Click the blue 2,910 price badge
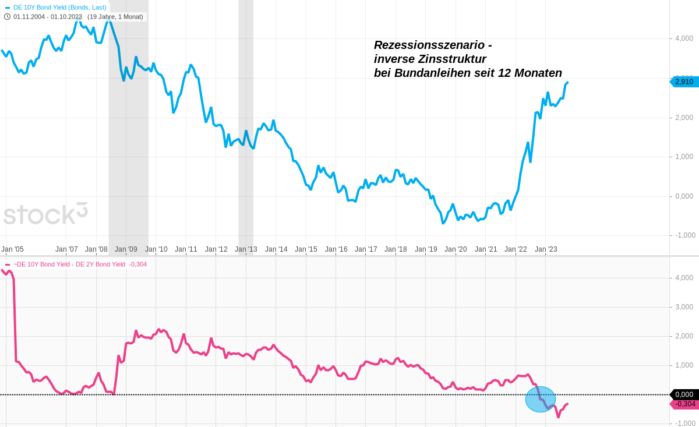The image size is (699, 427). (x=684, y=82)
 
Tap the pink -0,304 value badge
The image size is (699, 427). (x=685, y=404)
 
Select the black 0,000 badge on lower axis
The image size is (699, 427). (x=685, y=394)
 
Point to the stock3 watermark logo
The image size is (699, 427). (x=45, y=214)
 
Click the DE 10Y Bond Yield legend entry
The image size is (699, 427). (x=59, y=8)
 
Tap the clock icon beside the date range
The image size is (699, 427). (x=8, y=17)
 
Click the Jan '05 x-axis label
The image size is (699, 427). (x=12, y=249)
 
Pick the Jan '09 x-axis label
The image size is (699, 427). (x=126, y=249)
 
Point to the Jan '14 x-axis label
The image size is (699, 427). (x=276, y=249)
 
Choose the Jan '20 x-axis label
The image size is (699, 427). (x=456, y=249)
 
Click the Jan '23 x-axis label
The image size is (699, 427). (x=546, y=249)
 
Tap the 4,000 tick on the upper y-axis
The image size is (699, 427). (x=684, y=38)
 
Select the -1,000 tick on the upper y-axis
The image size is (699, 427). (x=685, y=235)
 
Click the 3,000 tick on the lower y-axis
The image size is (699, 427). (x=684, y=307)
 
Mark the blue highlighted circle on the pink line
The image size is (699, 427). (x=541, y=399)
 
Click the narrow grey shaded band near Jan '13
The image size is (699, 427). (x=246, y=117)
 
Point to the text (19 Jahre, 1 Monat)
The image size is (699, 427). (x=115, y=17)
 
